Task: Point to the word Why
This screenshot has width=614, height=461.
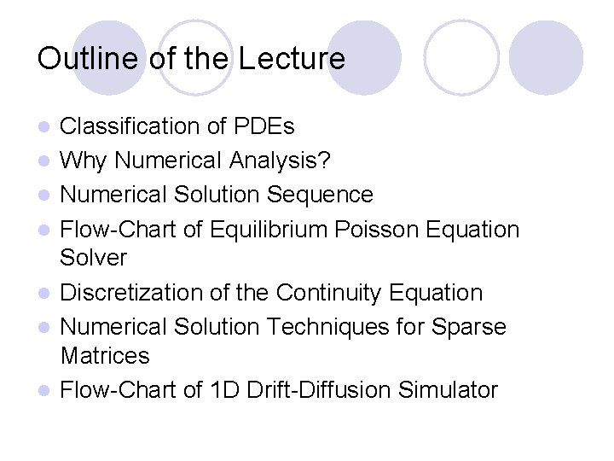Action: tap(84, 160)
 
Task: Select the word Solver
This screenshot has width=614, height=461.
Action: tap(94, 257)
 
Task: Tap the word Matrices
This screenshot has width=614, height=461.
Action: tap(105, 355)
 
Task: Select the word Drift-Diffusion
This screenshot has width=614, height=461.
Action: tap(342, 390)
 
